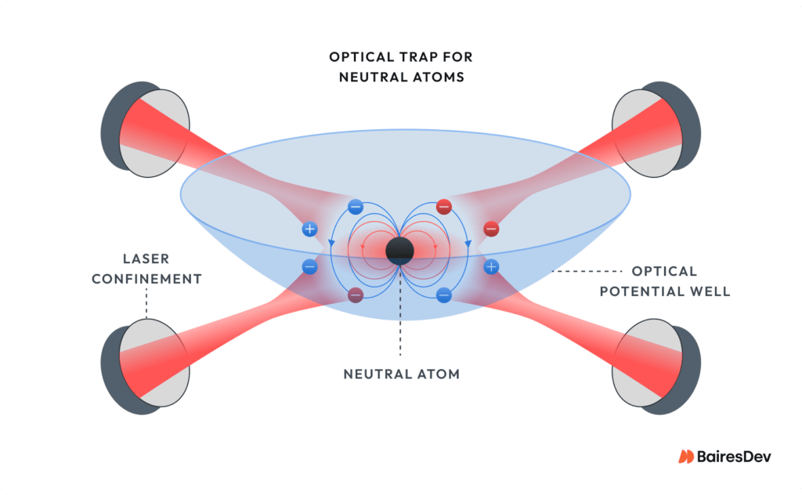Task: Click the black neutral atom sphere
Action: coord(399,250)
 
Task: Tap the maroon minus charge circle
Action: coord(355,295)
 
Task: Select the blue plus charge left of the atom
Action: coord(309,229)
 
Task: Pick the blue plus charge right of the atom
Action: coord(491,267)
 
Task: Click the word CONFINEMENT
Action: coord(147,279)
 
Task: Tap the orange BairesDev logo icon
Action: coord(686,457)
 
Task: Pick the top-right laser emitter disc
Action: coord(643,129)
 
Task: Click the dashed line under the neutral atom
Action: coord(399,313)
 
